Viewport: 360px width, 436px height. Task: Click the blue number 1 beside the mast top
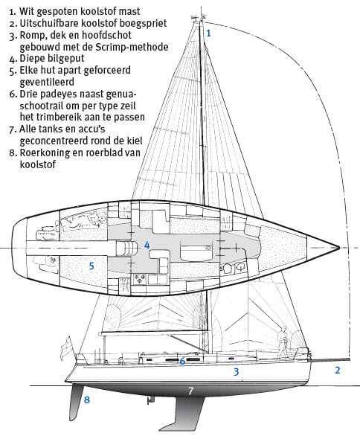click(208, 33)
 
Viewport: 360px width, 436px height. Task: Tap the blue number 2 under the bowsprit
click(338, 370)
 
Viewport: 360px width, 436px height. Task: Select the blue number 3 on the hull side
click(236, 372)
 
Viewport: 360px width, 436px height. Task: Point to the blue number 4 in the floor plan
click(147, 245)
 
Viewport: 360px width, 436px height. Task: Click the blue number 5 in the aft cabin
click(91, 266)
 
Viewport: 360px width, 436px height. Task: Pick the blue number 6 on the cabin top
click(182, 361)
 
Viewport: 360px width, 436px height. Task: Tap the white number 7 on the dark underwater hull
click(190, 391)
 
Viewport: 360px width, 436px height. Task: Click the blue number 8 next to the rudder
click(87, 400)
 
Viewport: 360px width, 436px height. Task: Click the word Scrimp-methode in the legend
click(132, 47)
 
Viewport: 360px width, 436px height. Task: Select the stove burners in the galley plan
click(140, 280)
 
